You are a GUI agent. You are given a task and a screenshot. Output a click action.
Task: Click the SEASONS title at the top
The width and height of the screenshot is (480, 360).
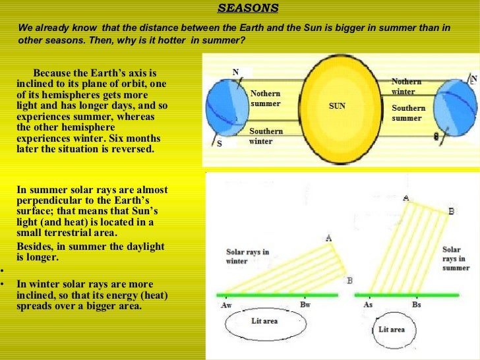pos(249,9)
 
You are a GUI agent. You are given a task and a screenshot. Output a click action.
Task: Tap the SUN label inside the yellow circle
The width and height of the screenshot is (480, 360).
pos(337,105)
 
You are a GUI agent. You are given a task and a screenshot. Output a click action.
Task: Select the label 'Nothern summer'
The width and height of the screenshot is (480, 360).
pos(265,99)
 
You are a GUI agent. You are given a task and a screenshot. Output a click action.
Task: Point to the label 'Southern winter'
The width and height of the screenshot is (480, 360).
pos(266,136)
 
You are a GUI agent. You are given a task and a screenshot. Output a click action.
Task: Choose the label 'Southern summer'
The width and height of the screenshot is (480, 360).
pos(408,113)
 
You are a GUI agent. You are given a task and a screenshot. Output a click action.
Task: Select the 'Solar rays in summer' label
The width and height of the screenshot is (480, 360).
pos(456,258)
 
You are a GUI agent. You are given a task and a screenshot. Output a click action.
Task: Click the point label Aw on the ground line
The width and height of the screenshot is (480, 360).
pos(225,305)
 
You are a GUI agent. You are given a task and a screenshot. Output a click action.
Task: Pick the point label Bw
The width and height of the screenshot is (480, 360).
pos(305,305)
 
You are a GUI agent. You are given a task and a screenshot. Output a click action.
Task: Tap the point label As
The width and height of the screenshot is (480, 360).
pos(368,305)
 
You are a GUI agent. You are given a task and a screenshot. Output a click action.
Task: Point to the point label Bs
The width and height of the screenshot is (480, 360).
pos(417,305)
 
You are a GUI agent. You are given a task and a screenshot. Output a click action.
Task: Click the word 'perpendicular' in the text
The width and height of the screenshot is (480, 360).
pos(50,200)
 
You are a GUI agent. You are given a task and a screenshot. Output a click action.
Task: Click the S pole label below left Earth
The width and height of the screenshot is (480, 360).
pos(220,143)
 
